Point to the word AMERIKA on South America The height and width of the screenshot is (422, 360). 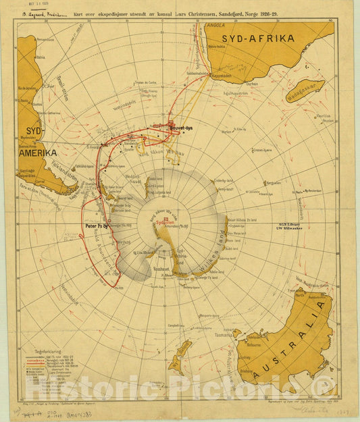pos(37,153)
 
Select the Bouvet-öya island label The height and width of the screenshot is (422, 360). pos(180,127)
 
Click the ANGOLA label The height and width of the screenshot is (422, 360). pos(215,24)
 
